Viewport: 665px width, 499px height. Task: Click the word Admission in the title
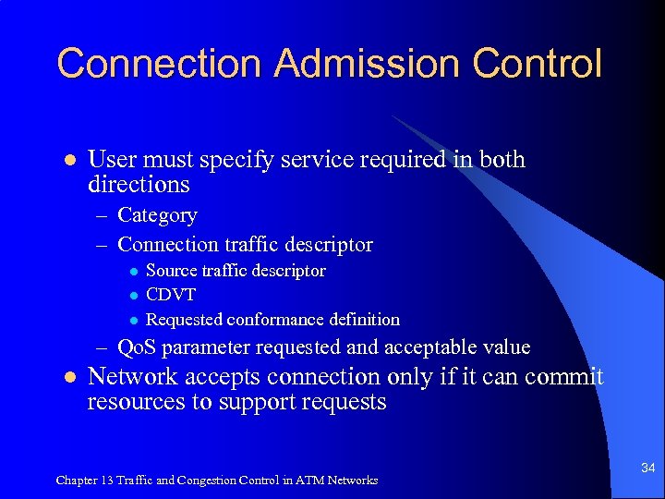coord(370,64)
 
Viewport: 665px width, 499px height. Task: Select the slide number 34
coord(647,469)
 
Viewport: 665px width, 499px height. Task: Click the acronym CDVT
coord(171,295)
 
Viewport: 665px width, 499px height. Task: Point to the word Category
coord(158,215)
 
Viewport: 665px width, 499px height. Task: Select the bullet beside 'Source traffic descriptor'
coord(133,271)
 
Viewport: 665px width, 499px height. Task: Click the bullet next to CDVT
coord(133,295)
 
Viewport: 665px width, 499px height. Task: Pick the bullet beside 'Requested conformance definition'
coord(133,320)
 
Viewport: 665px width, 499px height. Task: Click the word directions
coord(139,185)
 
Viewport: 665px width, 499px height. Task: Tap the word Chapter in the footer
coord(78,481)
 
